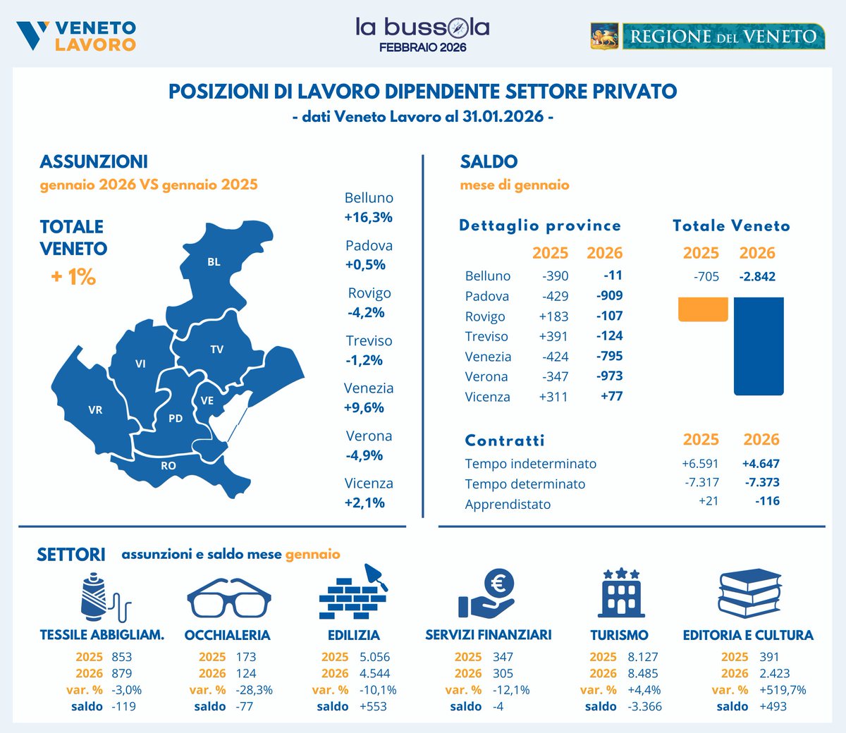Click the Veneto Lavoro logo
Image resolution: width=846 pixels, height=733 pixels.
pos(76,35)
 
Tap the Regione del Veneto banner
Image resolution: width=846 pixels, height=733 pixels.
pos(707,36)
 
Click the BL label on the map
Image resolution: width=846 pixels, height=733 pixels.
pos(214,262)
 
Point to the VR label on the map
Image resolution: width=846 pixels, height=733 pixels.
pos(95,409)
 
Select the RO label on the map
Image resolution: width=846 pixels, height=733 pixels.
pos(168,466)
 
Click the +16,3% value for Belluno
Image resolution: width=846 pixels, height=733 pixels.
pos(368,217)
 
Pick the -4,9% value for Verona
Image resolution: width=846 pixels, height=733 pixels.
pos(364,455)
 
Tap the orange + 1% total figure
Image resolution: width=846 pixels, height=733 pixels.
pos(73,277)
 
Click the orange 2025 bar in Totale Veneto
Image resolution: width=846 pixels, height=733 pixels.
pos(702,309)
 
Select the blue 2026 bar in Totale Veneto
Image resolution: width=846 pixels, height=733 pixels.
pos(758,345)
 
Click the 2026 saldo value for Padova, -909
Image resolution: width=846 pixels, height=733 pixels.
pos(609,295)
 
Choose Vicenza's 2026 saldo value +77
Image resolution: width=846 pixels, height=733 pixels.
pos(611,396)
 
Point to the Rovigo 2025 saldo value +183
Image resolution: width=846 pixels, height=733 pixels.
pos(553,316)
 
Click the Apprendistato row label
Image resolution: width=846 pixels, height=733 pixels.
pos(508,504)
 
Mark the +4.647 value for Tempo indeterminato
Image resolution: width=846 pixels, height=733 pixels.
pos(761,464)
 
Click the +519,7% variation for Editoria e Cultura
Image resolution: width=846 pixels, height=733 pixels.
pos(783,690)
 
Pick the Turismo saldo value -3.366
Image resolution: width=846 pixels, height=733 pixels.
pos(644,706)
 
